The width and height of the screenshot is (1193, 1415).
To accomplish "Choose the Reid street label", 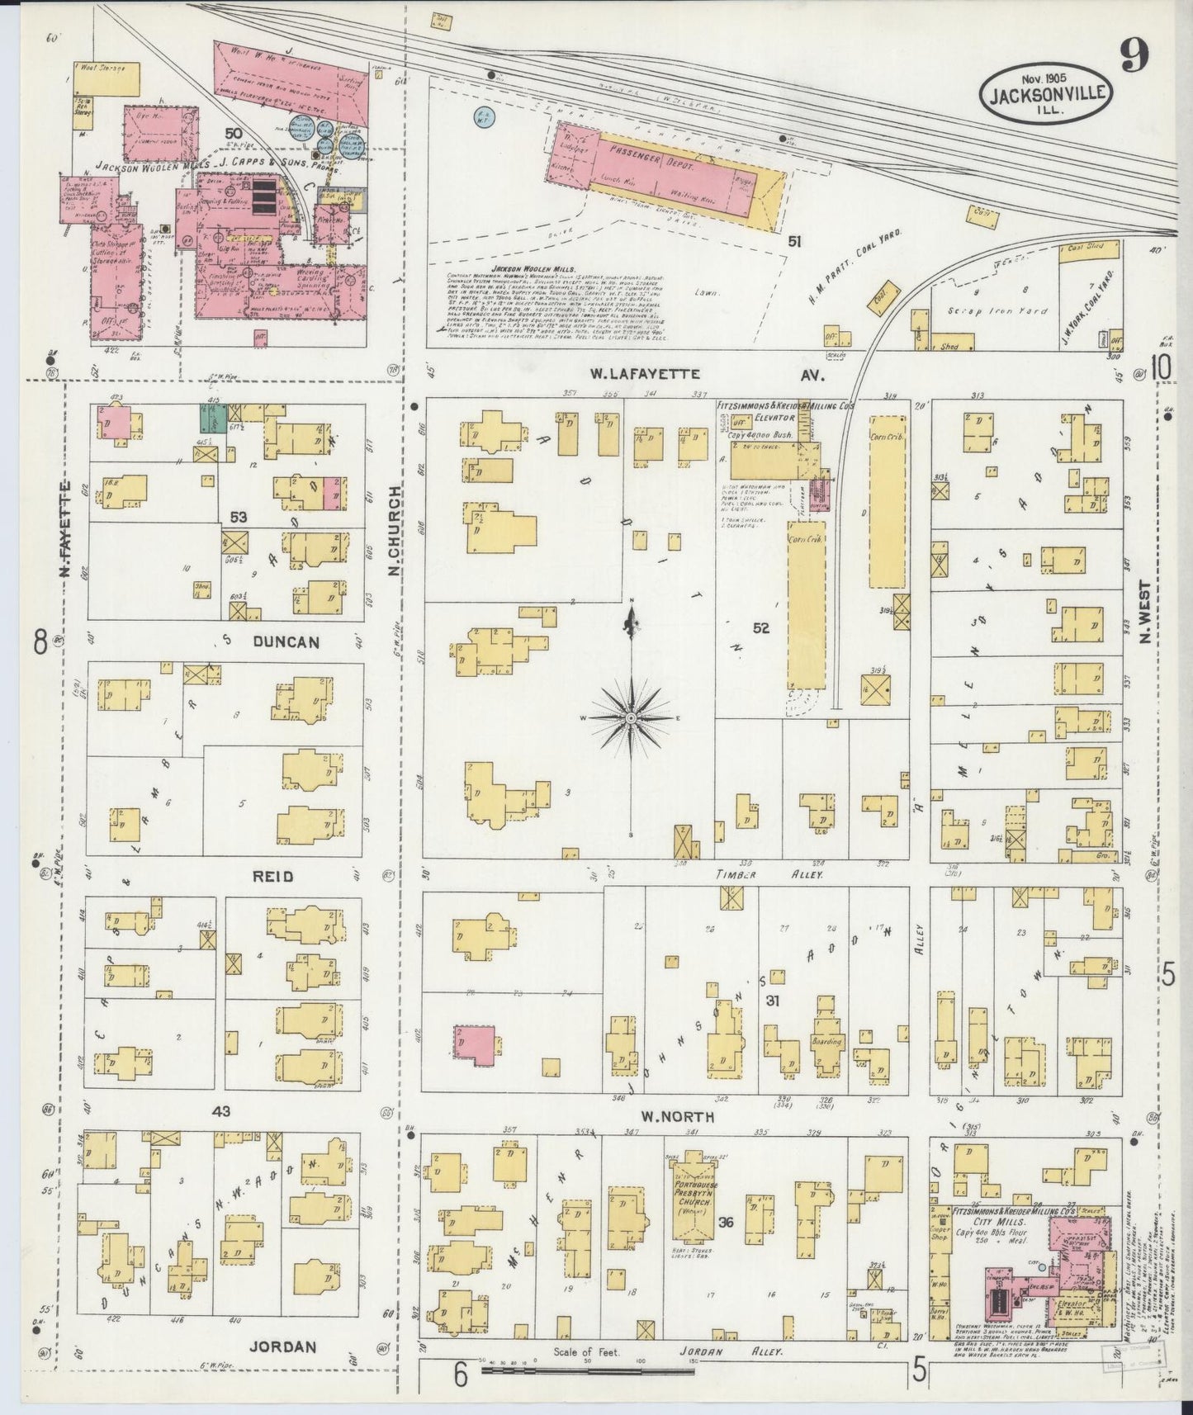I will (273, 876).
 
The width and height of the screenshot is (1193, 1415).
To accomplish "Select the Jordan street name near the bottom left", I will (293, 1346).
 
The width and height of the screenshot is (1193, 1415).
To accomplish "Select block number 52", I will (760, 628).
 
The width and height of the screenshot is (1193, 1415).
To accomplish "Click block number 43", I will (221, 1112).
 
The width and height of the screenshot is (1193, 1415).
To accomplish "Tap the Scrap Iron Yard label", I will (1010, 311).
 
